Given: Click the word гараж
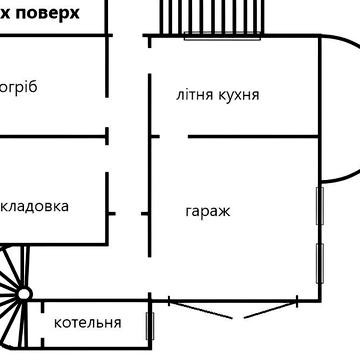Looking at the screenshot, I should pyautogui.click(x=208, y=212).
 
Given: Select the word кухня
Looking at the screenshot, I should pyautogui.click(x=239, y=96).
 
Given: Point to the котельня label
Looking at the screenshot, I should pyautogui.click(x=88, y=322).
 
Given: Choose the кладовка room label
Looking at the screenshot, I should pyautogui.click(x=36, y=206).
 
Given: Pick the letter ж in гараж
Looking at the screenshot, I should pyautogui.click(x=225, y=212).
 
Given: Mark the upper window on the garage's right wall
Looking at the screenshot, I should pyautogui.click(x=320, y=206).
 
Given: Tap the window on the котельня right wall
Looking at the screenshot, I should pyautogui.click(x=150, y=326).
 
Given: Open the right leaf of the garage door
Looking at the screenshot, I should pyautogui.click(x=265, y=309).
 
